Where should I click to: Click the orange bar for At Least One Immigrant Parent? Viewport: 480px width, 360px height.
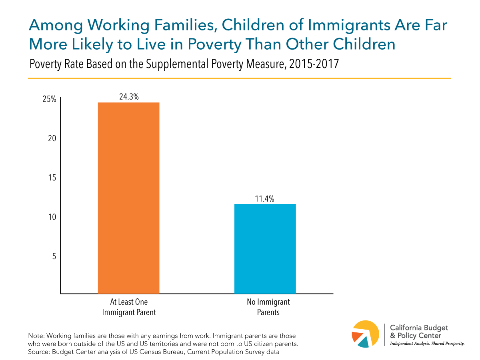[x=128, y=198]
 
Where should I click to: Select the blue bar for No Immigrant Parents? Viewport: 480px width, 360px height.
[x=265, y=249]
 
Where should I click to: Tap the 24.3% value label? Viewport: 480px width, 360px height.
[x=129, y=96]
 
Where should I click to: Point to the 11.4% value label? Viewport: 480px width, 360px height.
[x=265, y=198]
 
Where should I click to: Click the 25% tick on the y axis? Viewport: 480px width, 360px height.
[x=50, y=100]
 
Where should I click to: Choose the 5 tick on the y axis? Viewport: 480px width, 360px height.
[x=54, y=256]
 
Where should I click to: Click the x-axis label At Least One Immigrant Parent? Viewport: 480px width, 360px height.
[x=128, y=307]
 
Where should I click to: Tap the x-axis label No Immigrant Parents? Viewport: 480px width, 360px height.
[x=265, y=307]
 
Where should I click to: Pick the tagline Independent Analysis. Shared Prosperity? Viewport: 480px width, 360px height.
[x=427, y=344]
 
